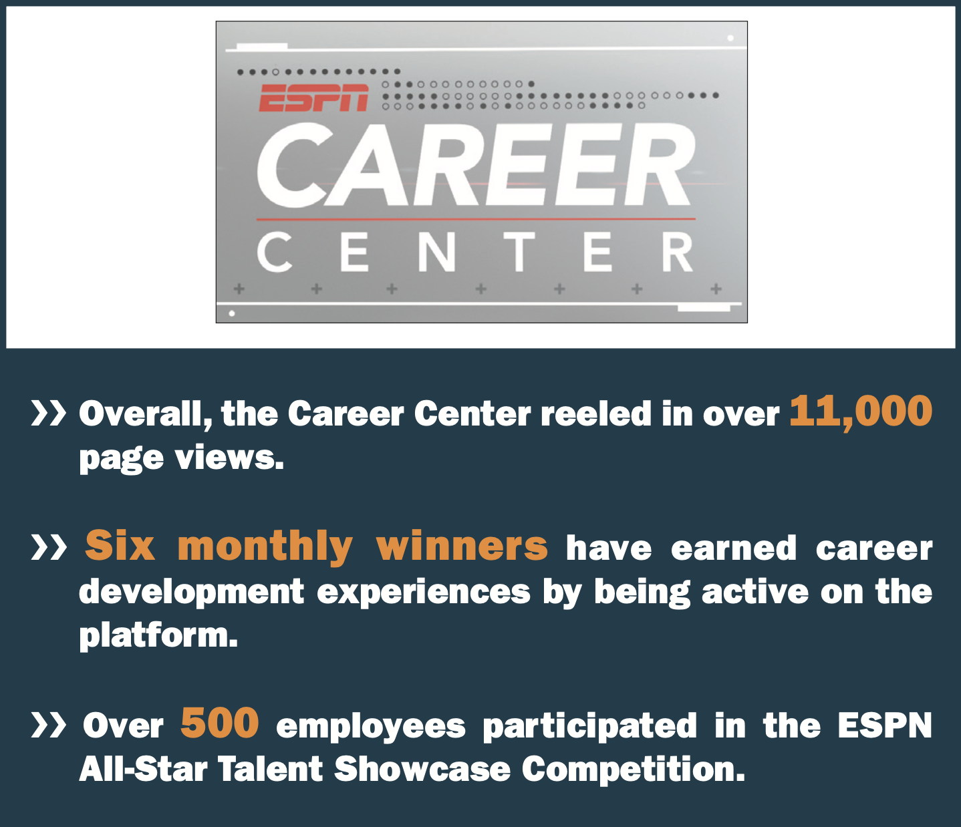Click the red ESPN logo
pos(314,98)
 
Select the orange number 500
pos(219,722)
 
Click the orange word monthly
pos(265,548)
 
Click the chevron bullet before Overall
pos(48,412)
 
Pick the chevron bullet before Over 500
pos(48,725)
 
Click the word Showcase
pos(422,768)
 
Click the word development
pos(192,593)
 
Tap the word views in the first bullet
pos(229,458)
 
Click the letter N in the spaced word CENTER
pos(436,252)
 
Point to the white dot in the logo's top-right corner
pos(730,38)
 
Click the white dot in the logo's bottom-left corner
pos(232,313)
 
